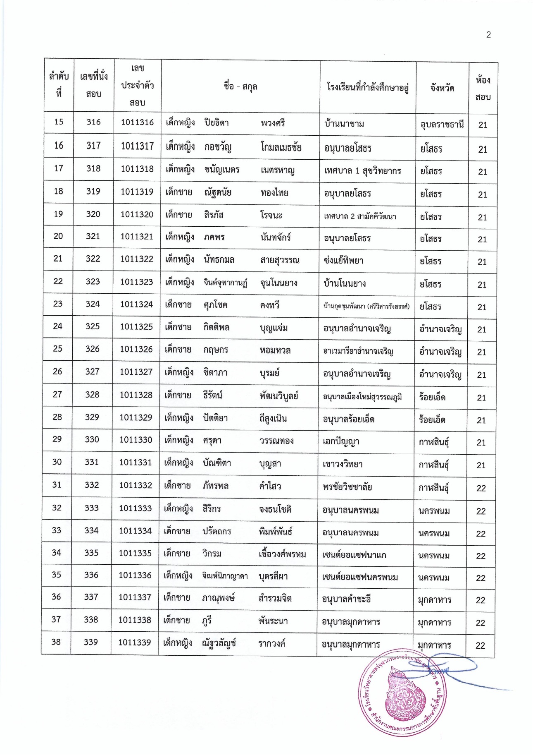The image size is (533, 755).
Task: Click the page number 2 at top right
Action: [488, 35]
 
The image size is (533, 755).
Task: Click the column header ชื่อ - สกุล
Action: [240, 86]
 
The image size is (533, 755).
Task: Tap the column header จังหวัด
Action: [442, 88]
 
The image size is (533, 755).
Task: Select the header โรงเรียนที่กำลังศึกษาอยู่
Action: [367, 87]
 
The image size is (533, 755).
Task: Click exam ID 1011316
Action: [137, 122]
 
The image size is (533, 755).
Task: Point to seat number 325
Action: [93, 326]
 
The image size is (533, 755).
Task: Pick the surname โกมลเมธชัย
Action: [281, 147]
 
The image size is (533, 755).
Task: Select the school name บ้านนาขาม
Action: [344, 123]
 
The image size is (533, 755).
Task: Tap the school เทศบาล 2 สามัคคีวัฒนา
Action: [360, 216]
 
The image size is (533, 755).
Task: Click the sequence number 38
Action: [56, 642]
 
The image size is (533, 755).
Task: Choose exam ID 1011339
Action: [135, 642]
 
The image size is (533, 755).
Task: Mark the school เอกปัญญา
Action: [341, 441]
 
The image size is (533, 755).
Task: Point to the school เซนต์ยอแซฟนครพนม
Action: [360, 577]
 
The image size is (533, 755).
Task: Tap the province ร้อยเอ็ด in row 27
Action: [432, 397]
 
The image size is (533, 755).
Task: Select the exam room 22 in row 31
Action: [481, 488]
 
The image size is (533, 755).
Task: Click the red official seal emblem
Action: [402, 698]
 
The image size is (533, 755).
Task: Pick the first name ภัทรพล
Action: [215, 486]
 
